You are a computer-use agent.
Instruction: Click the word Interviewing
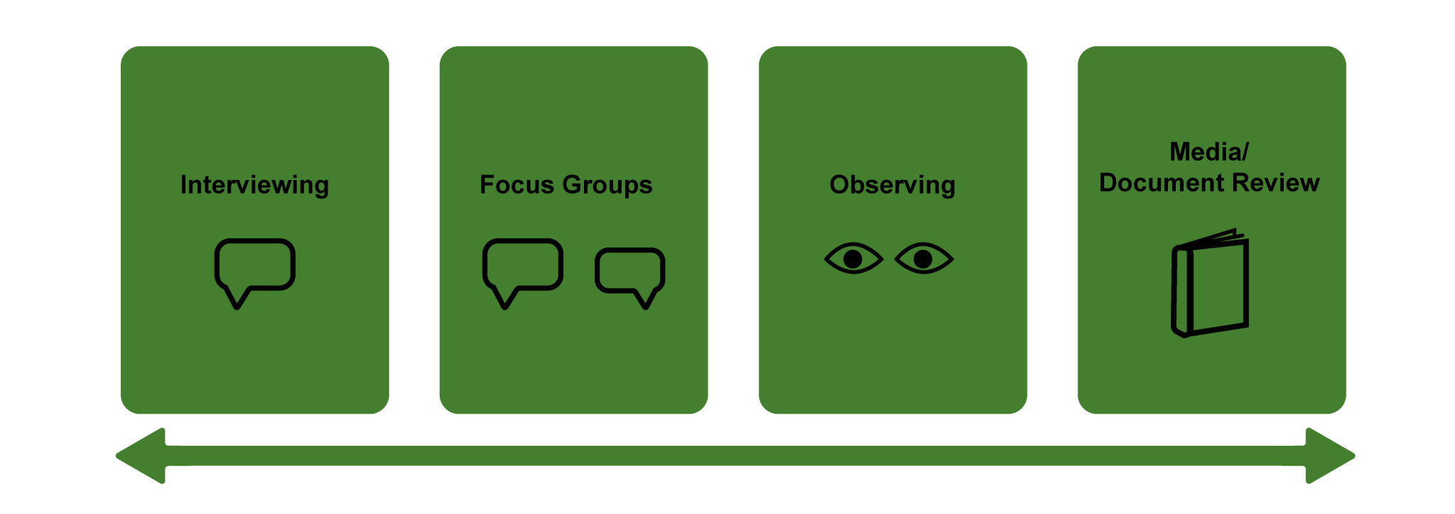coord(254,186)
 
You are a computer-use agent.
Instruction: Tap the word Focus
coord(516,185)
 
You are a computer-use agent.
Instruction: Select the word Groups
coord(607,186)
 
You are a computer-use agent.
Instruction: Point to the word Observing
coord(892,186)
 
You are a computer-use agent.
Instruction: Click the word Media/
coord(1208,151)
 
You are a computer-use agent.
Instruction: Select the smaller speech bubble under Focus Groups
coord(630,278)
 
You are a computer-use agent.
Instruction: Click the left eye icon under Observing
coord(854,258)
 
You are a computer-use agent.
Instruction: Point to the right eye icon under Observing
coord(924,258)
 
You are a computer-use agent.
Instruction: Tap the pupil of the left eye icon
coord(853,259)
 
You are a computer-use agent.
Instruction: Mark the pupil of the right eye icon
coord(923,259)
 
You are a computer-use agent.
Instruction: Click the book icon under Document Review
coord(1210,282)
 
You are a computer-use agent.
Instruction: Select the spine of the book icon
coord(1180,291)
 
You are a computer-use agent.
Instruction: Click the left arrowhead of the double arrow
coord(141,456)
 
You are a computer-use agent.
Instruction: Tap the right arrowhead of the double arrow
coord(1330,456)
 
